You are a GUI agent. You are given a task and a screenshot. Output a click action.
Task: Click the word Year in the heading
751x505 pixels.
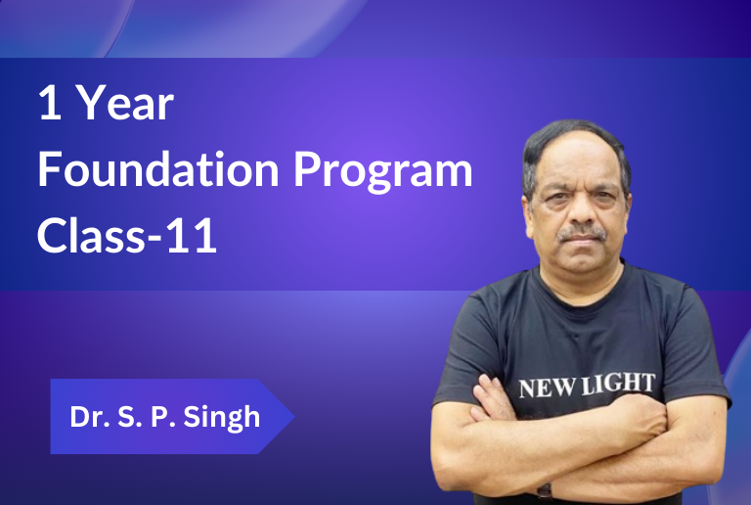[x=125, y=103]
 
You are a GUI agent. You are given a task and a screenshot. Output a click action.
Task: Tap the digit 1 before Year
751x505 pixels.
[x=50, y=102]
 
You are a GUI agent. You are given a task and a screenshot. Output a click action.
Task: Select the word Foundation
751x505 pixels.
[x=158, y=169]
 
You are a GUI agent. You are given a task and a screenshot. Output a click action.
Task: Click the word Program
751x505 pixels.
[x=382, y=172]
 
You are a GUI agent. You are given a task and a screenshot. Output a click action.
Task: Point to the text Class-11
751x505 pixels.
[x=127, y=235]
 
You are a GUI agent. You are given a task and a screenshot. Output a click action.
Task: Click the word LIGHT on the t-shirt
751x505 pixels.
[x=618, y=384]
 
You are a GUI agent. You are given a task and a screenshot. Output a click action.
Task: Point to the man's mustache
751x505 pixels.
[x=582, y=233]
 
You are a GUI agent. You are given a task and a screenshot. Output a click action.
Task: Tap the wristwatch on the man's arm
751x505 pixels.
[x=545, y=491]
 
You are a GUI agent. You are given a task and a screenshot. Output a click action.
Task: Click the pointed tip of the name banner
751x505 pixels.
[x=293, y=416]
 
